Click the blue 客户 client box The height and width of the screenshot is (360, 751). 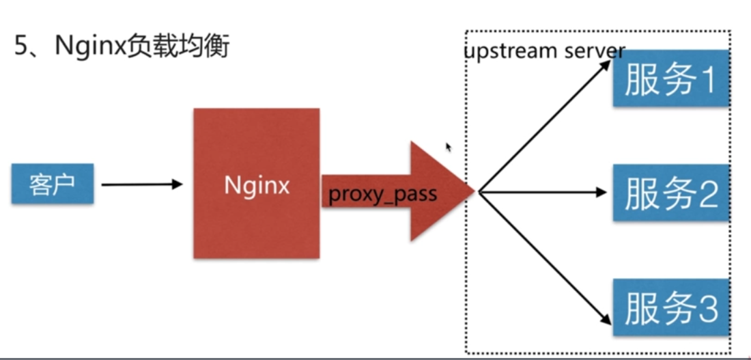[52, 184]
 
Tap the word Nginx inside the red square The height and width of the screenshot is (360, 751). [257, 185]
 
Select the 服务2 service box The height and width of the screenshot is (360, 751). [670, 193]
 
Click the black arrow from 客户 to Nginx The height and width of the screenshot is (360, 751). [141, 184]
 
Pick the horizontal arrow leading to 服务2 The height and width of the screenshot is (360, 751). [543, 193]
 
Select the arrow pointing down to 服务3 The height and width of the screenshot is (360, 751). [546, 260]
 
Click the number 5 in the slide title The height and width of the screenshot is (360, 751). [20, 47]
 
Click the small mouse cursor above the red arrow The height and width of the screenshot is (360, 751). [449, 147]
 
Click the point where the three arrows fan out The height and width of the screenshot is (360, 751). [479, 193]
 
